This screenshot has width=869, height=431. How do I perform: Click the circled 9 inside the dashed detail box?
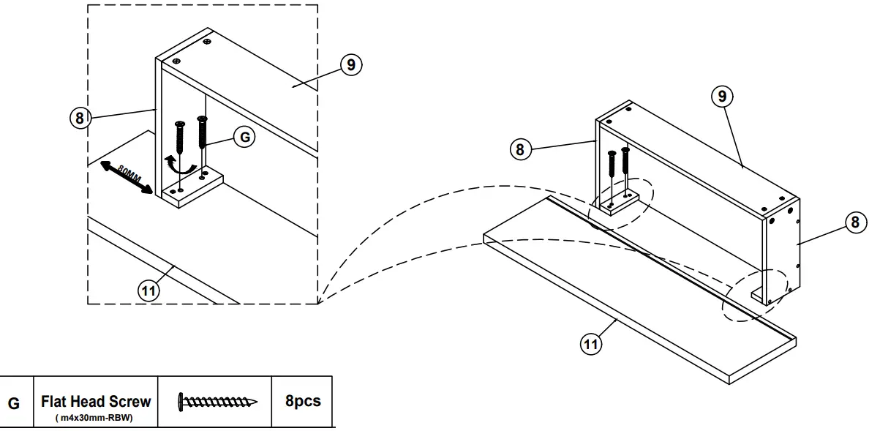pyautogui.click(x=351, y=64)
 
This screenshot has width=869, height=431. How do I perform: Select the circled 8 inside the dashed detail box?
pyautogui.click(x=80, y=118)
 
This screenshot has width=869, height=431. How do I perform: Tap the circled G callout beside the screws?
pyautogui.click(x=244, y=136)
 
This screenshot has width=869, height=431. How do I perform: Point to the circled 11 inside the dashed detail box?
pyautogui.click(x=148, y=290)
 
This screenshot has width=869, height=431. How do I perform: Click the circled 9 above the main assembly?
pyautogui.click(x=723, y=97)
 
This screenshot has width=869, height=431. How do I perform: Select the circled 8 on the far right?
pyautogui.click(x=854, y=222)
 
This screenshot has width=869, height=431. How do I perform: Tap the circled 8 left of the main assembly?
pyautogui.click(x=519, y=149)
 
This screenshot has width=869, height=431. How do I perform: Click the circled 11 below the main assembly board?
pyautogui.click(x=591, y=342)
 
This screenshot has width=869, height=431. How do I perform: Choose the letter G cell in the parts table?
pyautogui.click(x=15, y=402)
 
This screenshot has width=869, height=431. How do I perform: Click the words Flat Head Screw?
pyautogui.click(x=96, y=401)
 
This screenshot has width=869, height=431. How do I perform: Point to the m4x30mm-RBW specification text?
pyautogui.click(x=96, y=418)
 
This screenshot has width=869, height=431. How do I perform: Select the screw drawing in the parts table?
pyautogui.click(x=217, y=402)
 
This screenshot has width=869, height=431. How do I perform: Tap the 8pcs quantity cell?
pyautogui.click(x=302, y=402)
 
